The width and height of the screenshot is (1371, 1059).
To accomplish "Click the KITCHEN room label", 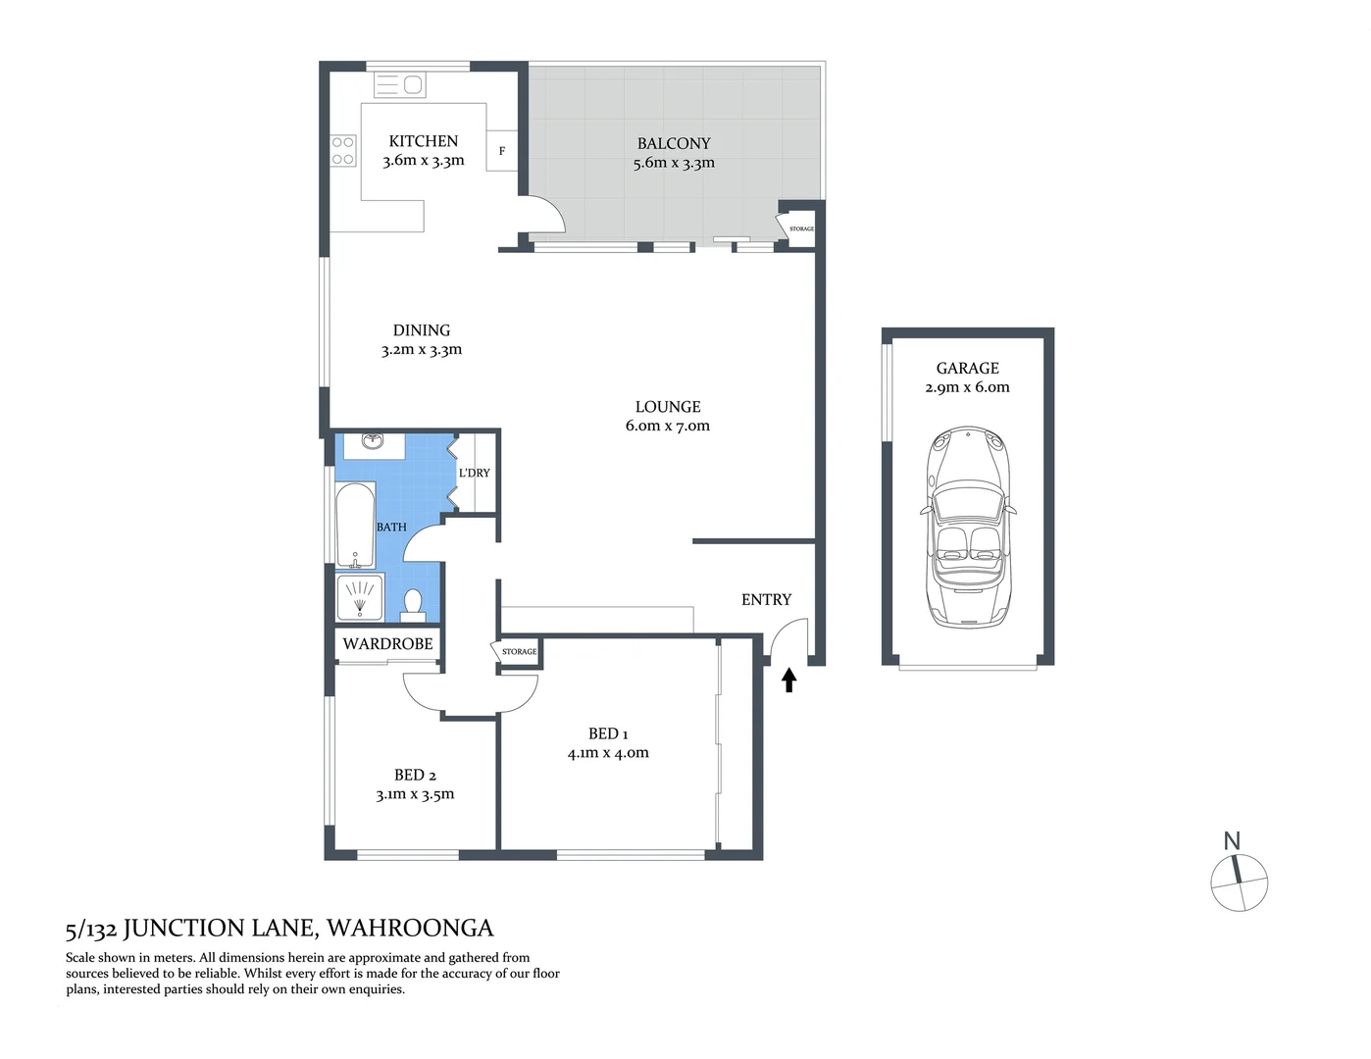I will coord(423,141).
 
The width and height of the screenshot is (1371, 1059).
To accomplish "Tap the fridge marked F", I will coord(502,151).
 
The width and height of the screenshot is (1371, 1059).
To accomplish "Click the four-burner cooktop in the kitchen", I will coord(342,151).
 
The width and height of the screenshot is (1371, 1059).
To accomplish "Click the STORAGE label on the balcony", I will coord(801,228).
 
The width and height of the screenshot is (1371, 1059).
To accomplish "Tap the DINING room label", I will coord(422,330).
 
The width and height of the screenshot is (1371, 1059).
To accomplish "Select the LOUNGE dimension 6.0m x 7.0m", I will coord(667,426).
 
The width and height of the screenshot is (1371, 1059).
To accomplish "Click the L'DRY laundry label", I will coord(475,473).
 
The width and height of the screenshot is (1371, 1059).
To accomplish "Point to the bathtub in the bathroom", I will coord(355,526).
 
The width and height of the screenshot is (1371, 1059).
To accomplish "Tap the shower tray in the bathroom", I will coord(360,597).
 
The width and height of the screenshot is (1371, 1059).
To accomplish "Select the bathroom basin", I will coord(373,443).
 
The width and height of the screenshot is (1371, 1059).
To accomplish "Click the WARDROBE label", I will coord(387,644).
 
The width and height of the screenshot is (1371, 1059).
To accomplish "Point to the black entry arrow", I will coord(788,680).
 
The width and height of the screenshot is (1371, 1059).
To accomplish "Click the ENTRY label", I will coord(766,599).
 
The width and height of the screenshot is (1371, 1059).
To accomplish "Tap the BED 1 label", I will coord(608,733).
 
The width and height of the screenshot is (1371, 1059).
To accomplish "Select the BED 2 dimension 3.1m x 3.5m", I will coord(415,794).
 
